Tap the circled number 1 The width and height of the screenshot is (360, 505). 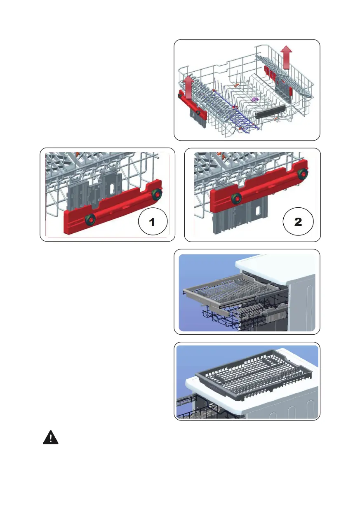tap(153, 222)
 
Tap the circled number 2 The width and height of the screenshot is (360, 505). tap(298, 222)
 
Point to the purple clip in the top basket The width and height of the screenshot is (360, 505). tap(254, 99)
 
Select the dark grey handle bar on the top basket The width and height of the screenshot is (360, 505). tap(270, 111)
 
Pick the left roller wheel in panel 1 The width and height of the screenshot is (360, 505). tap(90, 218)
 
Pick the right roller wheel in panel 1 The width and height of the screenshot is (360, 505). tap(156, 194)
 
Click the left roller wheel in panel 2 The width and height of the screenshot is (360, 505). tap(237, 198)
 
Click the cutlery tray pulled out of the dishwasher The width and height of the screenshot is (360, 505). tap(230, 293)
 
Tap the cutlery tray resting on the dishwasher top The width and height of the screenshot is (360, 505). tap(254, 378)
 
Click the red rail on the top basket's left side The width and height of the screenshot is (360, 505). tap(193, 104)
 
